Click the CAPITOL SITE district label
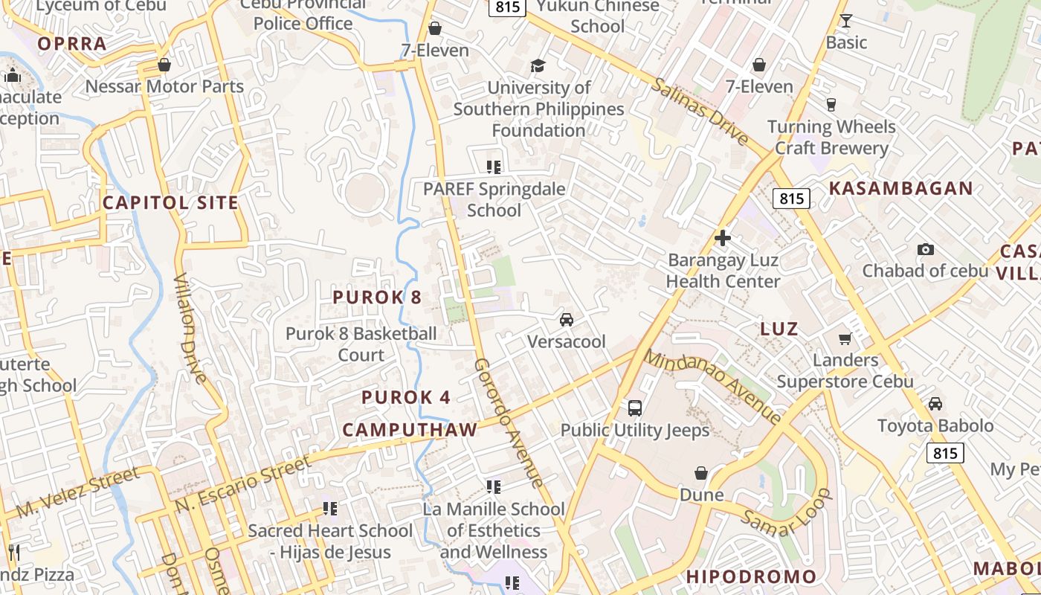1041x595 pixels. [x=170, y=202]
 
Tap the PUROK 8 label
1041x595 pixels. [x=377, y=297]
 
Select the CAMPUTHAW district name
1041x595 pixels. [x=410, y=430]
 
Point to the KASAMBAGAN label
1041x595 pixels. [x=900, y=188]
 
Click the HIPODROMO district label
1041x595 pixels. [x=751, y=576]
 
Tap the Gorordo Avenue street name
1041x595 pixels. [x=509, y=422]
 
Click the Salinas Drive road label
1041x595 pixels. [x=700, y=111]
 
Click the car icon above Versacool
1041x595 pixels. [x=567, y=320]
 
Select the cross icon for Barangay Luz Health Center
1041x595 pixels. [x=722, y=238]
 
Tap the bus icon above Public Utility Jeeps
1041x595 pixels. [x=635, y=408]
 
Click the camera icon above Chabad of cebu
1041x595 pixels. [x=925, y=249]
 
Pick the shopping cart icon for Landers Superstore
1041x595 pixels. [x=845, y=338]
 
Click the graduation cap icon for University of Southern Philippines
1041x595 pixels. [x=538, y=66]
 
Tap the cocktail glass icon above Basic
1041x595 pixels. [x=845, y=21]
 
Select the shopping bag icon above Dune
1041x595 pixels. [x=701, y=473]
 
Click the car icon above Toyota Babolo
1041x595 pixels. [x=935, y=404]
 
